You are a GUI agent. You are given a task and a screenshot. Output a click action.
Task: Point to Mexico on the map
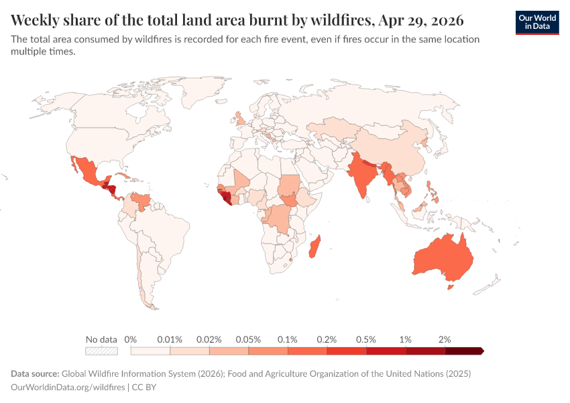coord(88,171)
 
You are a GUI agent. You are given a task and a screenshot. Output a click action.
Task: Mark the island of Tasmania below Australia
coord(451,287)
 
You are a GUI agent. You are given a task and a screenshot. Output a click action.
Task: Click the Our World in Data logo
coord(537,22)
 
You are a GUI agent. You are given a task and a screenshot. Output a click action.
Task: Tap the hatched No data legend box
coord(101,351)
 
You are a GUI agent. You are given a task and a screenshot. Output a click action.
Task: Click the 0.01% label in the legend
coord(170,339)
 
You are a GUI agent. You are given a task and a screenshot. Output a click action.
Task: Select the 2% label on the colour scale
coord(445,339)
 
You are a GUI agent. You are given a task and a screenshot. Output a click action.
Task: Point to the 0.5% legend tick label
coord(366,339)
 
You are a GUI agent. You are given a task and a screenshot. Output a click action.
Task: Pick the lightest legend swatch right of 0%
coord(150,351)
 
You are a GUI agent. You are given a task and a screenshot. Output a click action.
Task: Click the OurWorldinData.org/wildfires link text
coord(68,387)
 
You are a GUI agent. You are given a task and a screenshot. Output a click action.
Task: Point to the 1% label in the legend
coord(405,339)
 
